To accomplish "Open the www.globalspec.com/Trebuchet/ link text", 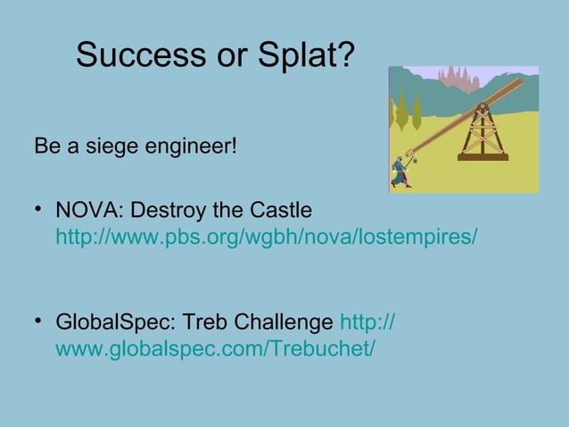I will click(215, 348).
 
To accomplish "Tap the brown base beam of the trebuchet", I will click(482, 157).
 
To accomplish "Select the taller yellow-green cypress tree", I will click(416, 112).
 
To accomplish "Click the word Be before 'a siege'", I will click(45, 145).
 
